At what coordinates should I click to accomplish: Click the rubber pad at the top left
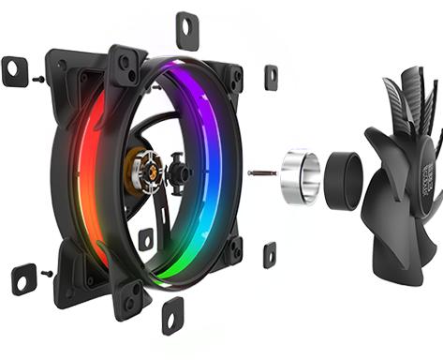(x=15, y=71)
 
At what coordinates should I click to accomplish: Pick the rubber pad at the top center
(x=187, y=30)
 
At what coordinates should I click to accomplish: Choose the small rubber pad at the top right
(x=271, y=77)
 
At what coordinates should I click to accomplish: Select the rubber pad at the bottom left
(x=23, y=278)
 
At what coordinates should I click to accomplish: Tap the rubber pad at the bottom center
(x=173, y=316)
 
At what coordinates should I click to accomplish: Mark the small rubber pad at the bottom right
(x=270, y=253)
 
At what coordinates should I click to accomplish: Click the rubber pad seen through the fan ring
(x=146, y=239)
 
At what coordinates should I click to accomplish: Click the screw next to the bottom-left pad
(x=46, y=274)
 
